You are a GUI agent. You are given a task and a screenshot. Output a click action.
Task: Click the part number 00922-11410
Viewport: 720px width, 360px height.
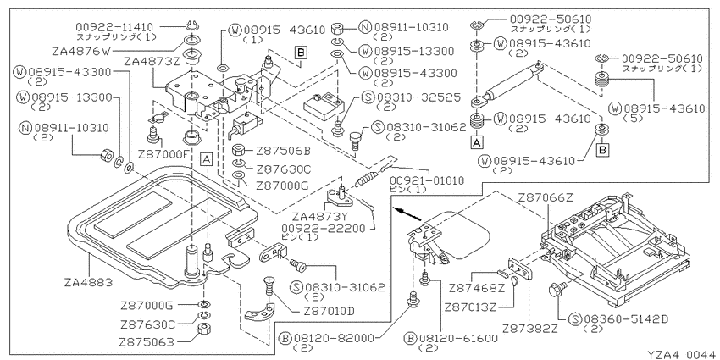tap(115, 28)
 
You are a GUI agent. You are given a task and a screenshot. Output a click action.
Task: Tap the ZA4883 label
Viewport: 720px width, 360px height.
tap(89, 282)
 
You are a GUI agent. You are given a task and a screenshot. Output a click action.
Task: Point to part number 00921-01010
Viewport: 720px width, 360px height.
tap(427, 180)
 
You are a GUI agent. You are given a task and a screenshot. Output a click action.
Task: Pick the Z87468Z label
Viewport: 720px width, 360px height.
tap(476, 289)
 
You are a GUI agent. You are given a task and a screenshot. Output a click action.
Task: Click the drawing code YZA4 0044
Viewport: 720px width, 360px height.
tap(681, 354)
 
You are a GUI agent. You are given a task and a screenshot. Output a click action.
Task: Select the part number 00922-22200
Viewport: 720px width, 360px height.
tap(325, 228)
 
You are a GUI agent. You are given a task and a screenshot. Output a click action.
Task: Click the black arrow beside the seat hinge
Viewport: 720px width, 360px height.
tap(407, 213)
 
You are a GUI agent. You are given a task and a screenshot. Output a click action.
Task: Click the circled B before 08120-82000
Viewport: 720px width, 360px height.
tap(286, 339)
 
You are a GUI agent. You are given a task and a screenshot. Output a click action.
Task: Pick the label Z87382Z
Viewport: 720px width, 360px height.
tap(530, 329)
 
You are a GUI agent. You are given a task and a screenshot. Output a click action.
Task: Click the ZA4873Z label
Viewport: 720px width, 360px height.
tap(151, 61)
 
